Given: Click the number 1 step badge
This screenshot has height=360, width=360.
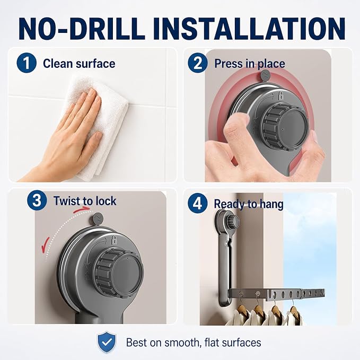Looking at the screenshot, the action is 27,63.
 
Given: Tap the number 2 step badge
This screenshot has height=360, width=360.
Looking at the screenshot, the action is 198,63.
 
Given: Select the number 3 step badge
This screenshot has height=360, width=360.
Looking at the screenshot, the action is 37,200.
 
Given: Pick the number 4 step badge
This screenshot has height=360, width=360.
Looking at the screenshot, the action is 198,203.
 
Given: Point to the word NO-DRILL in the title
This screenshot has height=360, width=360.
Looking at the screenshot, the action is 82,29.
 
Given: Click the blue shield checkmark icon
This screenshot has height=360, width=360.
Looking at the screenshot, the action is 107,342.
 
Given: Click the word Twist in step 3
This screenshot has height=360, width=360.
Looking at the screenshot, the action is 68,201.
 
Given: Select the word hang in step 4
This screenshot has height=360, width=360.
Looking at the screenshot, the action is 271,204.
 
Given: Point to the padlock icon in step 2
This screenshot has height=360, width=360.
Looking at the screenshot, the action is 280,95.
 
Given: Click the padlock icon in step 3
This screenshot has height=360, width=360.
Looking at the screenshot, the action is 113,240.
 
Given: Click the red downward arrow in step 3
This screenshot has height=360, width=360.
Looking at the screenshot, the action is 46,245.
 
